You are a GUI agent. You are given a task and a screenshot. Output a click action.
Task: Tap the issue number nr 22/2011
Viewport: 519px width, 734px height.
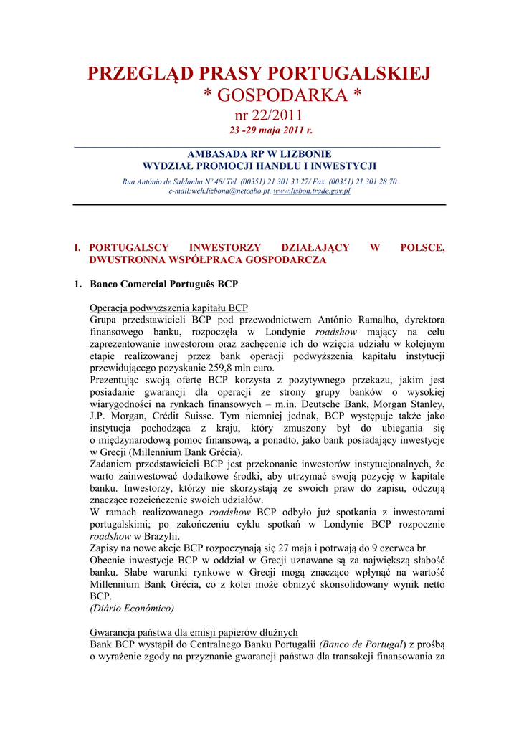270,115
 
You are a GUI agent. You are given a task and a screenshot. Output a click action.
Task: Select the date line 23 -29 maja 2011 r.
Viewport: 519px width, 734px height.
271,130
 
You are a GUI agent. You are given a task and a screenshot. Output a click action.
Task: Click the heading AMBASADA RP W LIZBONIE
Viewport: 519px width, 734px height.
259,154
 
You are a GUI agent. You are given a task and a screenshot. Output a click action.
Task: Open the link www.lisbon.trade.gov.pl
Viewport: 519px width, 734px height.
312,191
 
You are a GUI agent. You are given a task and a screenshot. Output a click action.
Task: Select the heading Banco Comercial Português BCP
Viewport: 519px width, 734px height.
163,284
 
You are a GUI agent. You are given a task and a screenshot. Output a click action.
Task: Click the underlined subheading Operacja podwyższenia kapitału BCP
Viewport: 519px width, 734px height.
168,308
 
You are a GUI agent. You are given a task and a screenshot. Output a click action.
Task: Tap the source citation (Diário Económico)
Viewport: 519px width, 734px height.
132,608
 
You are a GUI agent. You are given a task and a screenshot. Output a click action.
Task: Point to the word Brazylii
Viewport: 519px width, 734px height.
161,536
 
